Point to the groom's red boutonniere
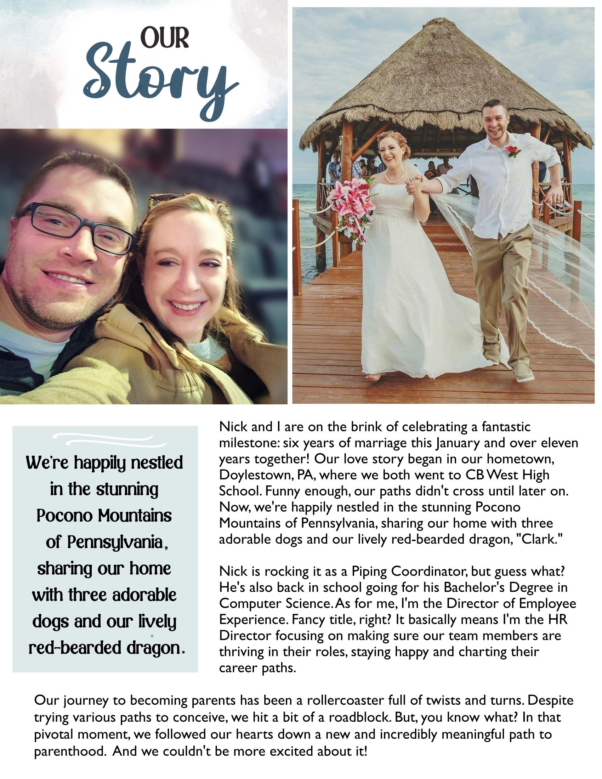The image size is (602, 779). [513, 150]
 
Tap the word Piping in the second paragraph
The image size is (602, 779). [369, 572]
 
